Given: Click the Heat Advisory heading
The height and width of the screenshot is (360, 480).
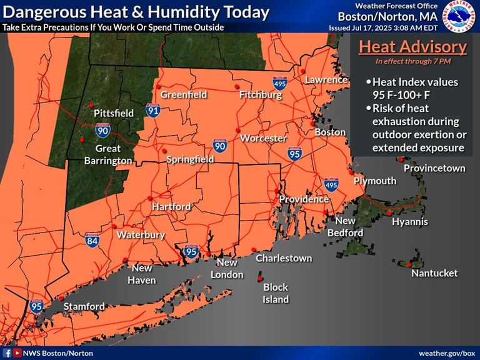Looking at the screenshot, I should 412,47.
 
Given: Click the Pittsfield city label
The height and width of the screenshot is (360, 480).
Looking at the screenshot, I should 114,113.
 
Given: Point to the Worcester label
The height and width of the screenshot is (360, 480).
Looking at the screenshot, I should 263,138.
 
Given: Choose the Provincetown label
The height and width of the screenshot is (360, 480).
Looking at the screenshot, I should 434,168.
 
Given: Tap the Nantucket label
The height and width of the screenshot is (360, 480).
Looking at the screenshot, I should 434,273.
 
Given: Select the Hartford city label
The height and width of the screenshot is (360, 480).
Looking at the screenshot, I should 171,206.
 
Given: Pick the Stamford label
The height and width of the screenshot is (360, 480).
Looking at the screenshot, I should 84,306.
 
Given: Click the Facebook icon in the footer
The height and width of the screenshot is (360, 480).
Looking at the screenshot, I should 7,353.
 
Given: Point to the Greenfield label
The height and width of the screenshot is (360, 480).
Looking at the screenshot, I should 183,94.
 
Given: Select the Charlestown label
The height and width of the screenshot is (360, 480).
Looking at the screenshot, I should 284,257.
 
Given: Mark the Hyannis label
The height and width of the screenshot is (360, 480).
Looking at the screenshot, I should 410,222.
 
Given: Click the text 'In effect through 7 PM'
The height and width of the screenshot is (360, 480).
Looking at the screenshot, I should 412,61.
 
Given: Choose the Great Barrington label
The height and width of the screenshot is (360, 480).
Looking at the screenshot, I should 108,154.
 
